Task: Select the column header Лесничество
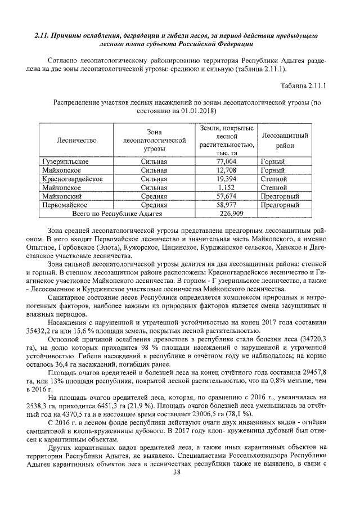pyautogui.click(x=76, y=140)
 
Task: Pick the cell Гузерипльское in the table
pyautogui.click(x=65, y=162)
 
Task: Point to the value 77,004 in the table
pyautogui.click(x=226, y=162)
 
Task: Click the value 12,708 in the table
pyautogui.click(x=226, y=170)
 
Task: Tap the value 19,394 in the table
pyautogui.click(x=226, y=179)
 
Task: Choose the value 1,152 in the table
pyautogui.click(x=226, y=187)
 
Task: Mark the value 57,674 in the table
pyautogui.click(x=226, y=196)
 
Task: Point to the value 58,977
pyautogui.click(x=226, y=205)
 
